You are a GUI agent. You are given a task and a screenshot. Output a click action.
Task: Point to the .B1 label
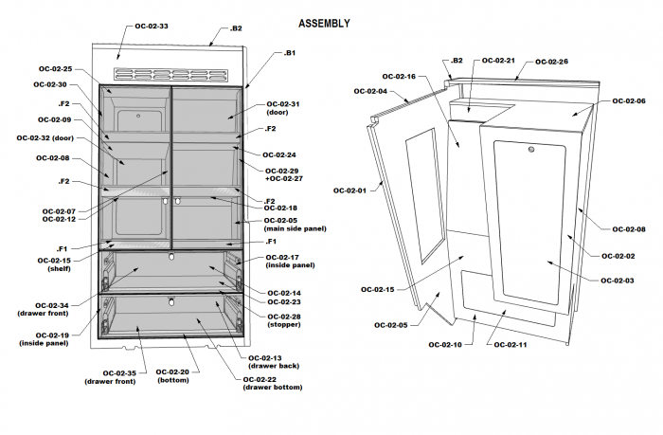click(x=290, y=54)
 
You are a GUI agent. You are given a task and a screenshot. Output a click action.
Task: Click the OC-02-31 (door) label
click(x=282, y=108)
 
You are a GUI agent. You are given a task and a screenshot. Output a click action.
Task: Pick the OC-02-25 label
click(x=54, y=69)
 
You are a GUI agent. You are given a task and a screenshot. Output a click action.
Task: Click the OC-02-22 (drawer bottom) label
click(x=273, y=383)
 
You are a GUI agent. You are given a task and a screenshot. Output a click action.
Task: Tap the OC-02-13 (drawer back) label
click(x=273, y=361)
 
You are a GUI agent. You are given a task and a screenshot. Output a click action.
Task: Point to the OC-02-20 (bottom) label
click(x=172, y=376)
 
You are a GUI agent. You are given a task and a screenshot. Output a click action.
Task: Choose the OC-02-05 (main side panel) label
click(x=282, y=226)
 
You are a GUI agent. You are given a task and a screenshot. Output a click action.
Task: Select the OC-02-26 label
click(x=551, y=62)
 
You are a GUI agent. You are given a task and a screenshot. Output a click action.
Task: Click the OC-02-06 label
click(x=629, y=100)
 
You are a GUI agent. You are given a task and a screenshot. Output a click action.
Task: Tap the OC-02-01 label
click(x=349, y=190)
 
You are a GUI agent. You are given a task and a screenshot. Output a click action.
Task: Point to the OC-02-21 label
click(x=498, y=61)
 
